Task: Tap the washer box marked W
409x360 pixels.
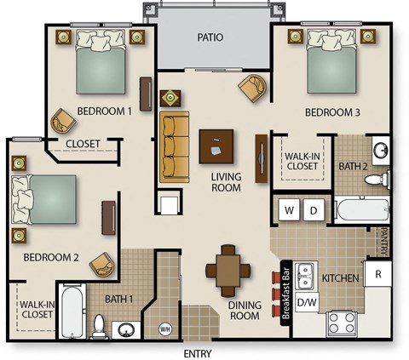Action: (289, 209)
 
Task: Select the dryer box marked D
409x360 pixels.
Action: (313, 209)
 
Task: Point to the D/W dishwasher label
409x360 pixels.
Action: (308, 301)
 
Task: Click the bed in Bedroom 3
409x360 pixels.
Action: (330, 62)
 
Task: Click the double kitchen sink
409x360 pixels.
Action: (320, 275)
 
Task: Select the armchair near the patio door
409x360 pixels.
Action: (251, 86)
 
